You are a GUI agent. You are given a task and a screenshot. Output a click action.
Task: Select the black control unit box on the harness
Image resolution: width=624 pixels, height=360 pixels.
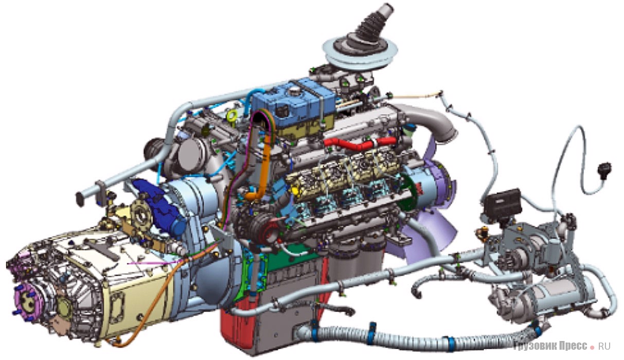click(x=503, y=205)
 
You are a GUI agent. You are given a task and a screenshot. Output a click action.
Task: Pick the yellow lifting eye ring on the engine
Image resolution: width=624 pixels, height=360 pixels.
click(x=232, y=116)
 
